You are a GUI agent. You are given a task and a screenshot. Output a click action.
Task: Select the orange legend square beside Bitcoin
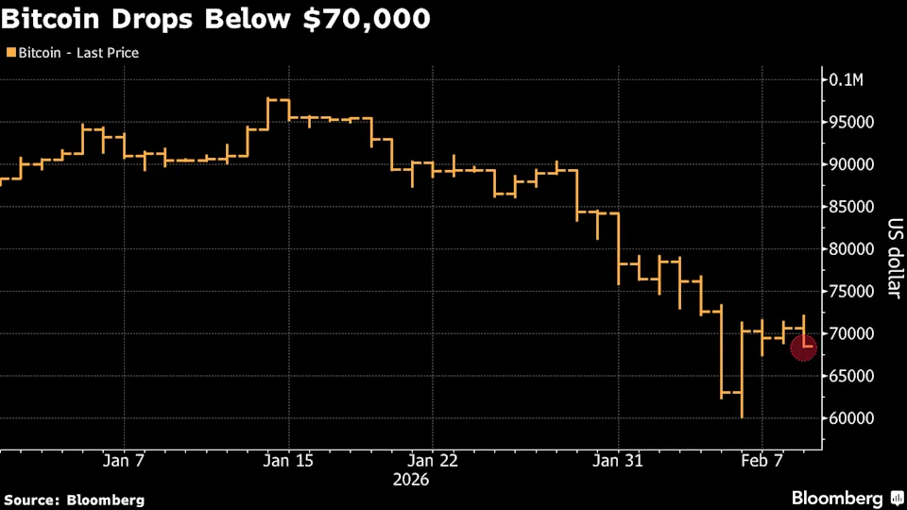pos(10,53)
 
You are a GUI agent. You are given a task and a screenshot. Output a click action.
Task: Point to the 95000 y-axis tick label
pos(852,122)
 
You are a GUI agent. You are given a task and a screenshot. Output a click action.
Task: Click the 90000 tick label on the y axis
pos(852,164)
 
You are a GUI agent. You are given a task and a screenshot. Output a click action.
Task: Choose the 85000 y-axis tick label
pos(852,207)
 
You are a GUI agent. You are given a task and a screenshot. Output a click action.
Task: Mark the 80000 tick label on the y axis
pos(852,249)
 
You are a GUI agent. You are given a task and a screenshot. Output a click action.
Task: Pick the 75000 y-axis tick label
pos(852,291)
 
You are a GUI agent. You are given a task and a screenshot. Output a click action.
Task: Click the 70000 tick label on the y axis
pos(852,333)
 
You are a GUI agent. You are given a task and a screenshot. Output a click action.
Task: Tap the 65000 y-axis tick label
pos(852,376)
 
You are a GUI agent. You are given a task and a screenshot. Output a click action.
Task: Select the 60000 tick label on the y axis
pos(852,418)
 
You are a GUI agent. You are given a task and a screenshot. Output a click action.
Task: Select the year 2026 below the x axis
pos(410,480)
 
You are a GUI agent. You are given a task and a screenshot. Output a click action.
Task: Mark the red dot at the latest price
pos(804,348)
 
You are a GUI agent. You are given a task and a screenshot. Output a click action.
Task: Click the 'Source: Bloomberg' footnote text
pos(75,499)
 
